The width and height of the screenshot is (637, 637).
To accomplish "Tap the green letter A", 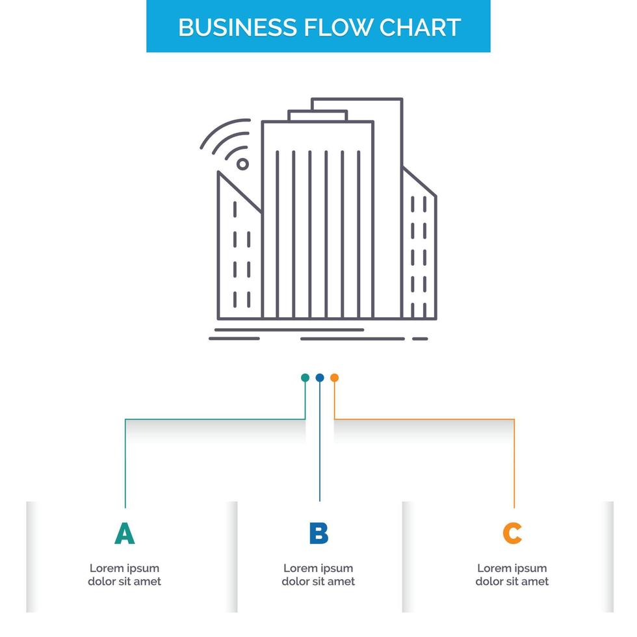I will pos(124,533).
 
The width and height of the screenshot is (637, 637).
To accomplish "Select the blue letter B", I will pos(318,533).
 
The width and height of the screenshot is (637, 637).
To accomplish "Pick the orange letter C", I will pos(512,533).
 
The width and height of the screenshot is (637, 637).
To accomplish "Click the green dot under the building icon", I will pos(305,378).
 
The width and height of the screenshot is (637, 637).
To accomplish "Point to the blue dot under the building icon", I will pos(320,378).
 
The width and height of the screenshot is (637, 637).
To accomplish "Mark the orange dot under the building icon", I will pos(334,378).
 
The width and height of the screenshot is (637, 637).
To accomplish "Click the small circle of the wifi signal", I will pos(242,164).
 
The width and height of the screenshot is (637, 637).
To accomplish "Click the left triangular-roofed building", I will pos(239,260).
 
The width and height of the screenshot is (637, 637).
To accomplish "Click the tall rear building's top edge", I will pos(357,99).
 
